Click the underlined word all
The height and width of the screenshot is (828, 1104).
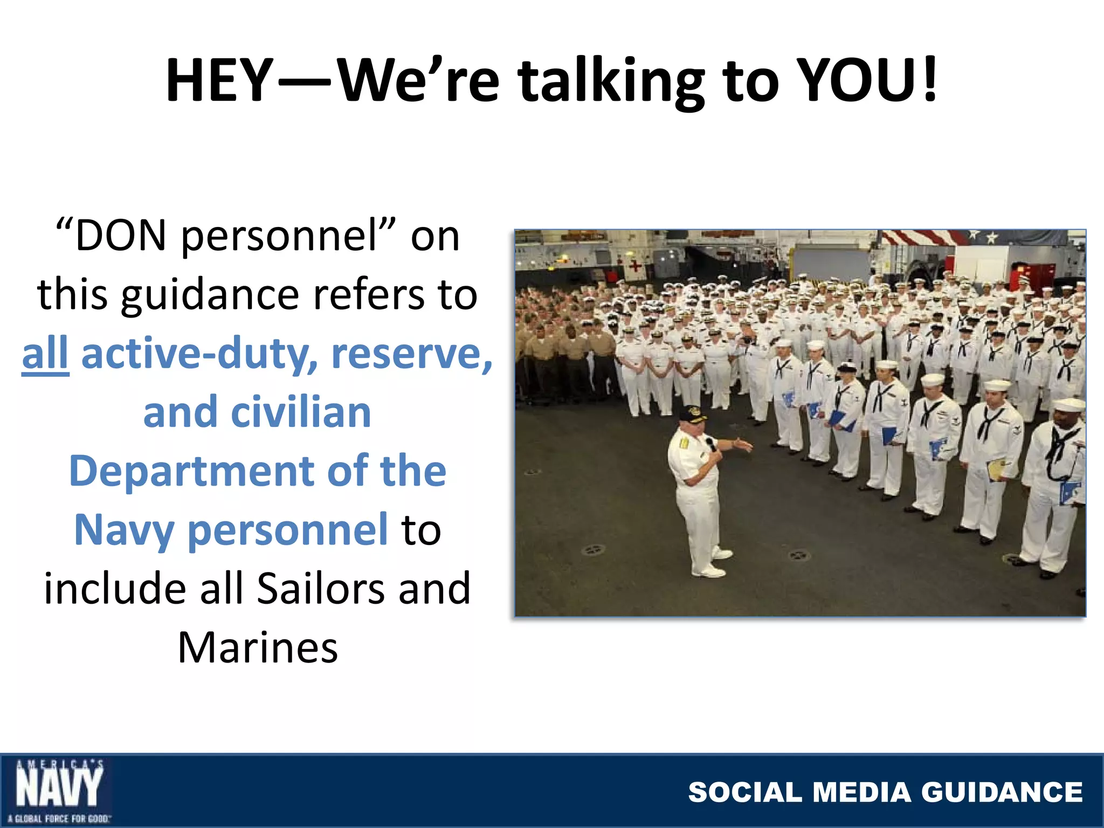pyautogui.click(x=45, y=354)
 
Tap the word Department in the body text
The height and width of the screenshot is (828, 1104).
pyautogui.click(x=191, y=471)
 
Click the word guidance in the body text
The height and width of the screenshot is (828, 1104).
pyautogui.click(x=210, y=295)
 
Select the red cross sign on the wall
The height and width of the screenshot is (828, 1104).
pyautogui.click(x=636, y=265)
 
